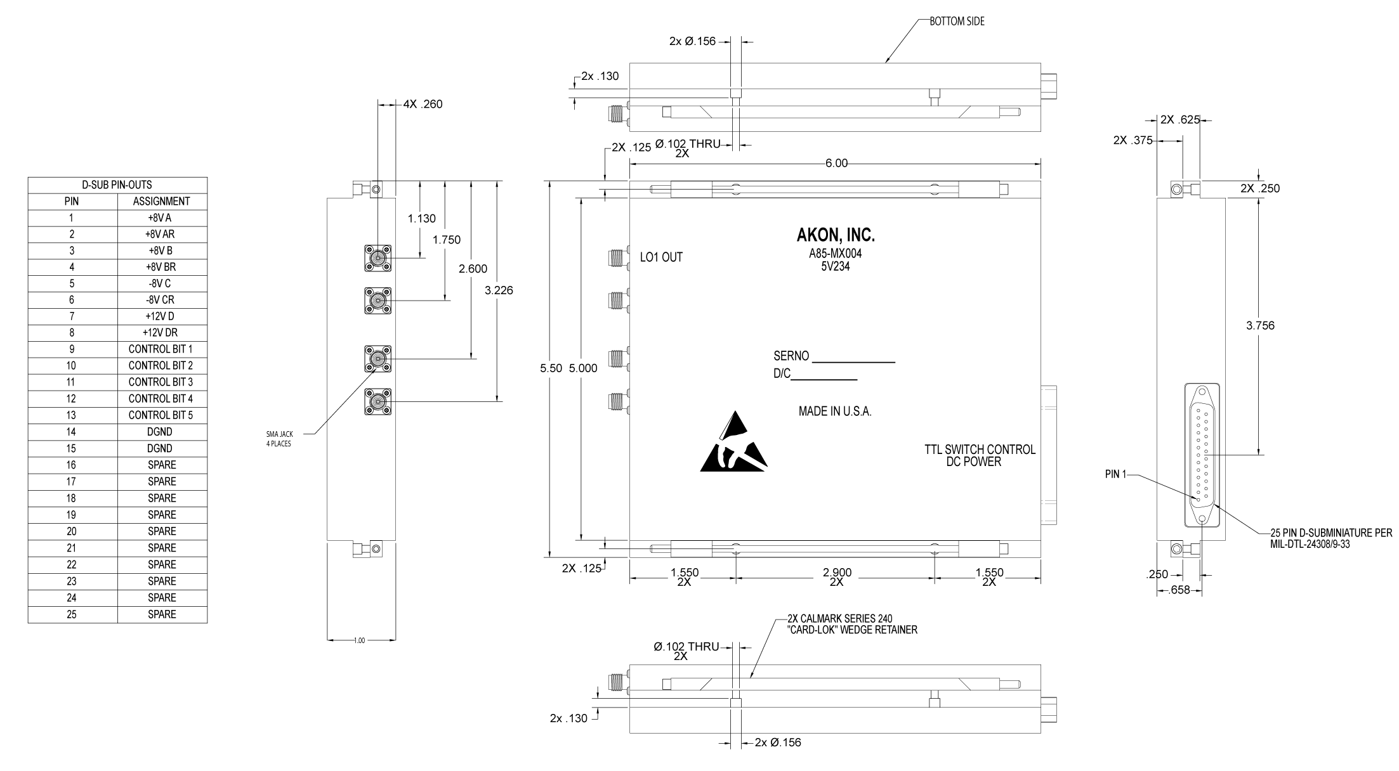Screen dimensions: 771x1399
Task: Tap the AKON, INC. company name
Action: click(x=836, y=236)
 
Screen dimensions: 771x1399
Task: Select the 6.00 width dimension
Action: click(x=836, y=164)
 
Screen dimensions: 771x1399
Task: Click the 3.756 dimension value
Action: click(x=1260, y=326)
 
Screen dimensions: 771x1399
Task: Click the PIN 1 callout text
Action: click(x=1115, y=474)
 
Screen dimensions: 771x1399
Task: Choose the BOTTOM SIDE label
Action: click(x=957, y=22)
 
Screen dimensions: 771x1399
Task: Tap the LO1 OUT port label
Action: click(x=661, y=257)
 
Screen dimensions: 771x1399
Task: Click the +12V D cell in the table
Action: click(x=162, y=316)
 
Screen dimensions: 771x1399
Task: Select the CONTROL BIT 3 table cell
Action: click(x=162, y=382)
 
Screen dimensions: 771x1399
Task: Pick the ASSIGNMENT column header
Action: click(x=162, y=202)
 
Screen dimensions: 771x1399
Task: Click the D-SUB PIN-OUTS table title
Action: click(x=117, y=185)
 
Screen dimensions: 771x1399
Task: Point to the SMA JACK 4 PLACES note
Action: click(x=279, y=439)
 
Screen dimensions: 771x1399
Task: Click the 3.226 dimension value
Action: click(x=499, y=291)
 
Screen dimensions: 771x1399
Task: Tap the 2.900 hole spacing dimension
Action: click(x=837, y=573)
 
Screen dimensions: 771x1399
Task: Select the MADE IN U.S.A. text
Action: click(x=835, y=411)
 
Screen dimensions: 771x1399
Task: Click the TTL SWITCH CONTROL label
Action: click(x=980, y=450)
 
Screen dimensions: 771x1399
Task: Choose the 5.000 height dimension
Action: click(x=583, y=368)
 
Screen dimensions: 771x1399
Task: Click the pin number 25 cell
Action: click(x=72, y=614)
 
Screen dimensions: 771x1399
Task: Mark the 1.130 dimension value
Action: click(x=422, y=219)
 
